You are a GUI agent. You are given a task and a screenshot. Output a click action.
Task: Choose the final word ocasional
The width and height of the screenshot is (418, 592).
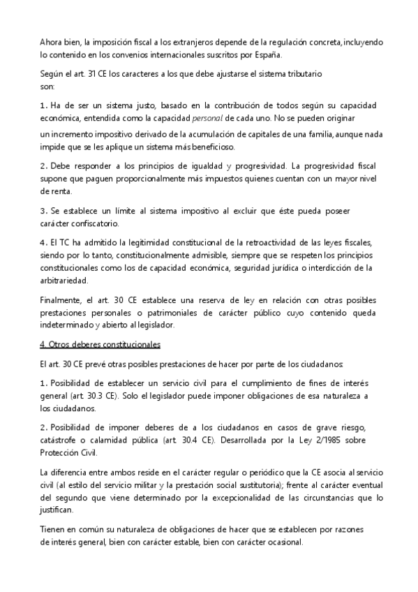(x=283, y=542)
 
